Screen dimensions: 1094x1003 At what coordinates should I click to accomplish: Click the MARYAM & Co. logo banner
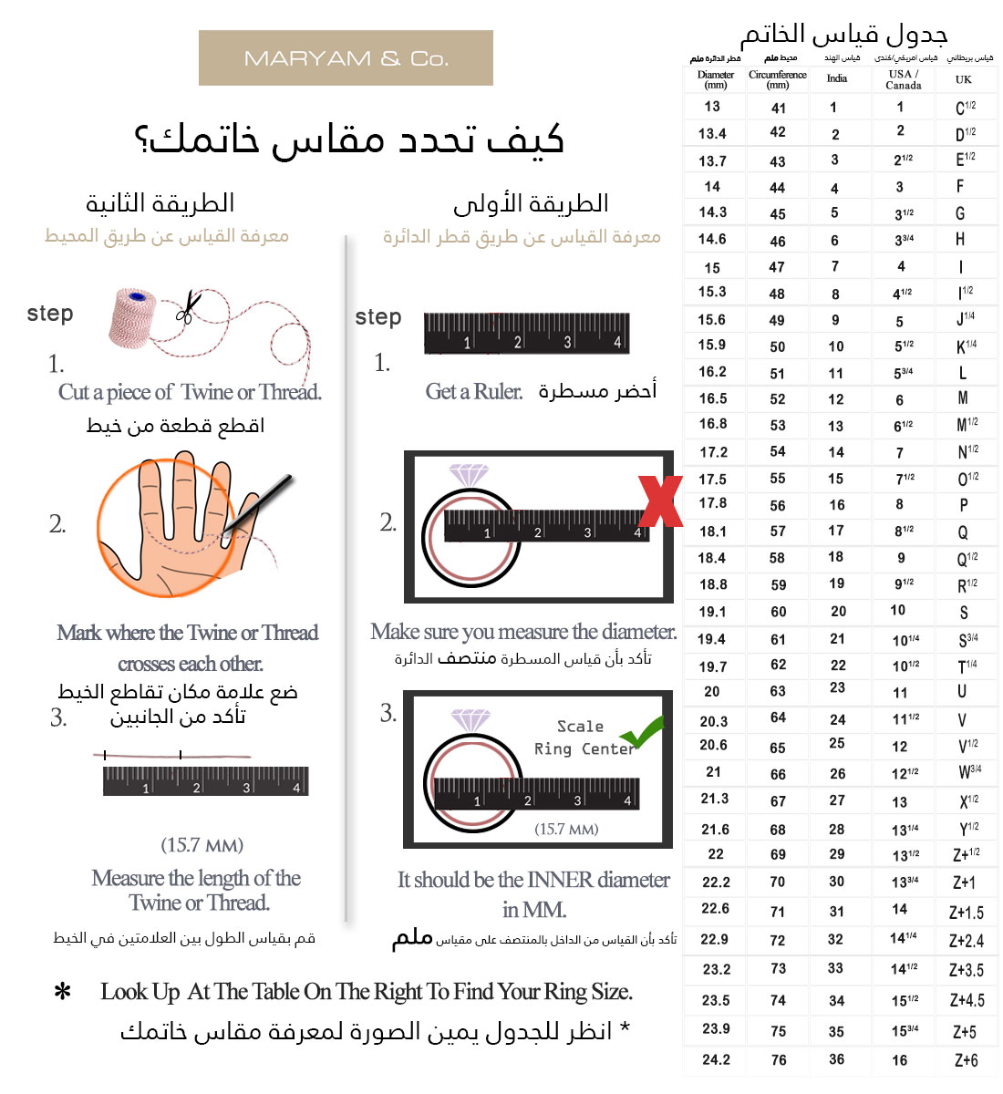pos(346,58)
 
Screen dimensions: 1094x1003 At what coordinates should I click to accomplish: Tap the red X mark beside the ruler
pos(661,501)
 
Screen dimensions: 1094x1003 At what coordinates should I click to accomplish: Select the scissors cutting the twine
pos(187,306)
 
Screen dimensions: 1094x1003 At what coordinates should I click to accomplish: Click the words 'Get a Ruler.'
pos(474,392)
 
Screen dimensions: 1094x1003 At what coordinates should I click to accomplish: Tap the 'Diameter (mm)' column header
pos(716,80)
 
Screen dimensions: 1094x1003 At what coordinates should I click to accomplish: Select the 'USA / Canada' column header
pos(903,80)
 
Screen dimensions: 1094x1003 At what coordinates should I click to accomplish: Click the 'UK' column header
pos(964,80)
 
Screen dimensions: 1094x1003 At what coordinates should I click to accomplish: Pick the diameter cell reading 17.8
pos(713,503)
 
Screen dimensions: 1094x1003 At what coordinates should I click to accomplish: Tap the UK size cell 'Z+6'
pos(967,1060)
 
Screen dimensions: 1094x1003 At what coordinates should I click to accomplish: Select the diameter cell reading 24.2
pos(716,1059)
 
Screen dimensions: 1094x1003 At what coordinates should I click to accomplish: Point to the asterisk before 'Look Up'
pos(63,992)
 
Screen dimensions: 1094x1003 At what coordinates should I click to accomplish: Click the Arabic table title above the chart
pos(843,35)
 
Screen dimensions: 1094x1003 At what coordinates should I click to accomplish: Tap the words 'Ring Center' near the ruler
pos(584,748)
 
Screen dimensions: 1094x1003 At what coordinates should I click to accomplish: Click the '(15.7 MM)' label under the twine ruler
pos(202,845)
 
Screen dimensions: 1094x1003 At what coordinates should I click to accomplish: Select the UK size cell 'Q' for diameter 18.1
pos(963,532)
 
